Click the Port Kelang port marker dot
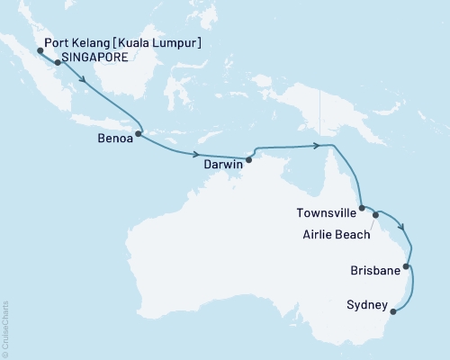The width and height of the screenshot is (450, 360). click(40, 50)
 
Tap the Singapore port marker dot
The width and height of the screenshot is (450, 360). click(58, 63)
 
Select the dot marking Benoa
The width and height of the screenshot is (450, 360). click(139, 135)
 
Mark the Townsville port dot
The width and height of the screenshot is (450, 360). click(362, 209)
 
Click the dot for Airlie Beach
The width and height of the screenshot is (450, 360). click(375, 216)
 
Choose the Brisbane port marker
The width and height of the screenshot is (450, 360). click(407, 266)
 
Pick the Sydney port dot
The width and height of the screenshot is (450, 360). click(392, 313)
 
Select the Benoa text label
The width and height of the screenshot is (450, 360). click(117, 140)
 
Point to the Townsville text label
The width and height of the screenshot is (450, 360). click(324, 213)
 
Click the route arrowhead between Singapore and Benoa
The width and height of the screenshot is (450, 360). click(86, 79)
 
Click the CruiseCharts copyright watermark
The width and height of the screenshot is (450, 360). click(5, 328)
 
